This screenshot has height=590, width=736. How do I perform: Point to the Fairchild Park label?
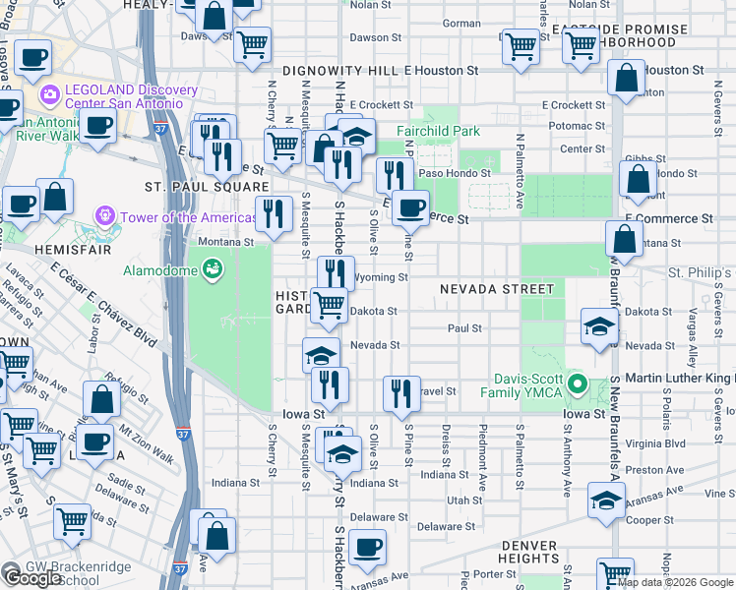pos(438,131)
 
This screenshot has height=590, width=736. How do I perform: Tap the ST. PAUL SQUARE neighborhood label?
pos(207,187)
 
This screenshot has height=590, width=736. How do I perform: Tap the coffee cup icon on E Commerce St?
pos(410,207)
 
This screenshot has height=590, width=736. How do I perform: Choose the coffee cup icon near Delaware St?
pos(367,548)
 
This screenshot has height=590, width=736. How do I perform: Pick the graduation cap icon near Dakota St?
pos(599,326)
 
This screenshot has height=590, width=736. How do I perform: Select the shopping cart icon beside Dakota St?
pos(330,305)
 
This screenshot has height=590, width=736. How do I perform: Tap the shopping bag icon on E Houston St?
pos(626,80)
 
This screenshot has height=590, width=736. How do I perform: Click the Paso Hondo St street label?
pos(456,173)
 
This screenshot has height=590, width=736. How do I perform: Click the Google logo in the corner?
pos(33,578)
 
